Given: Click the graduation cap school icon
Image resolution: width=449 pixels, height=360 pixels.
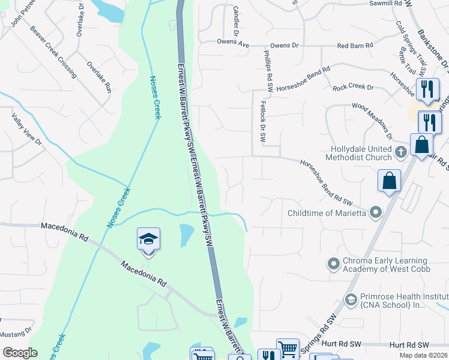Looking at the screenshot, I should tap(148, 239).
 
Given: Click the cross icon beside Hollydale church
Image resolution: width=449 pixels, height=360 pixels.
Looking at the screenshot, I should tap(401, 152).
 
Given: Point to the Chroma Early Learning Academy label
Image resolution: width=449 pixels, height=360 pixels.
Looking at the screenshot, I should tap(384, 265).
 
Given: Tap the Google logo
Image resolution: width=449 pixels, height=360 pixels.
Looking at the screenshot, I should tap(20, 353).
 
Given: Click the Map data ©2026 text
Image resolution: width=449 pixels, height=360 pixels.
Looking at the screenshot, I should tap(423, 355).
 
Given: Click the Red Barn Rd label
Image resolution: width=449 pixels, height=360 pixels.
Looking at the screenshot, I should tap(355, 45).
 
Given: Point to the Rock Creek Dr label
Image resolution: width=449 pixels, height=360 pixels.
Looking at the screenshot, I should tap(353, 88).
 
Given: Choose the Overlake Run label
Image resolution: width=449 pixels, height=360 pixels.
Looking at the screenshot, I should tap(99, 76).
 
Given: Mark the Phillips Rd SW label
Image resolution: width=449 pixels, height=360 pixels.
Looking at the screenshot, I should tap(268, 71).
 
